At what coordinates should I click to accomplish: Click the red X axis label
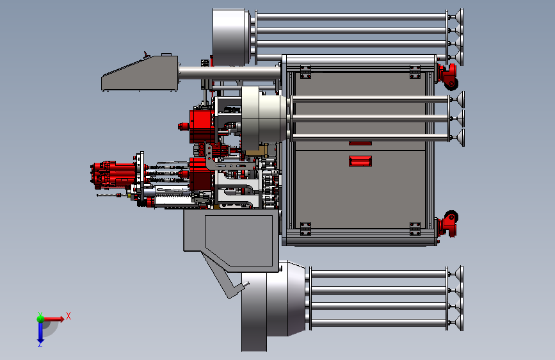point(68,316)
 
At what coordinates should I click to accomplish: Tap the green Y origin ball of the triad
point(40,318)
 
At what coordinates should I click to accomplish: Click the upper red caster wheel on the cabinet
point(447,76)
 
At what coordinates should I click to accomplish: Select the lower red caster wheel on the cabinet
point(447,224)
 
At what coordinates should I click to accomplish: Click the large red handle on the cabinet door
point(360,161)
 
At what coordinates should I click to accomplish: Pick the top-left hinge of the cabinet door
point(305,72)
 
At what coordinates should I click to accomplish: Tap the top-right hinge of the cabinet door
point(415,72)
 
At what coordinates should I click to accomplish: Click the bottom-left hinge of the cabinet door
point(305,229)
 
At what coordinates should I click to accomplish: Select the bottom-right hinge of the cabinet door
point(415,229)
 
